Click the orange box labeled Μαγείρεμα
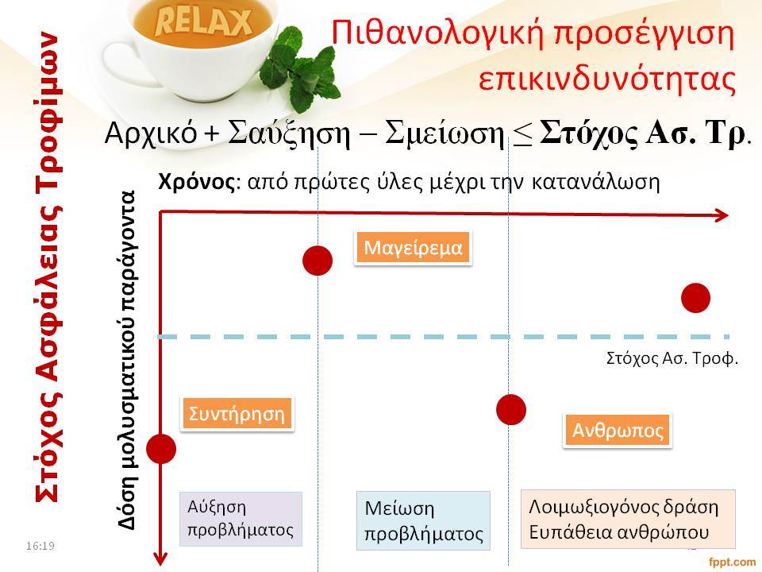click(x=413, y=248)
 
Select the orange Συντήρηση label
click(x=237, y=414)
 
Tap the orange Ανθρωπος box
click(x=618, y=431)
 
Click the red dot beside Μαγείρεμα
click(x=317, y=261)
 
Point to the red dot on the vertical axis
click(x=161, y=448)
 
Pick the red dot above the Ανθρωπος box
click(x=510, y=410)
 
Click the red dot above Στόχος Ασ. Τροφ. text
click(x=695, y=298)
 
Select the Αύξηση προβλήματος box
click(x=241, y=519)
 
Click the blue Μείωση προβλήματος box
click(x=423, y=520)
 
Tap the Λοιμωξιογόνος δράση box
click(x=628, y=520)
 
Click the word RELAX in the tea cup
click(x=203, y=23)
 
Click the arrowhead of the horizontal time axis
click(x=722, y=215)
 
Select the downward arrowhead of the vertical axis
click(x=160, y=558)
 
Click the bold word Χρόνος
click(x=197, y=182)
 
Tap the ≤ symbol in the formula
click(x=522, y=133)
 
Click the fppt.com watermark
click(x=733, y=562)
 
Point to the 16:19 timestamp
click(x=40, y=546)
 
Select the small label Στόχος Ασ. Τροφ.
click(x=672, y=358)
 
